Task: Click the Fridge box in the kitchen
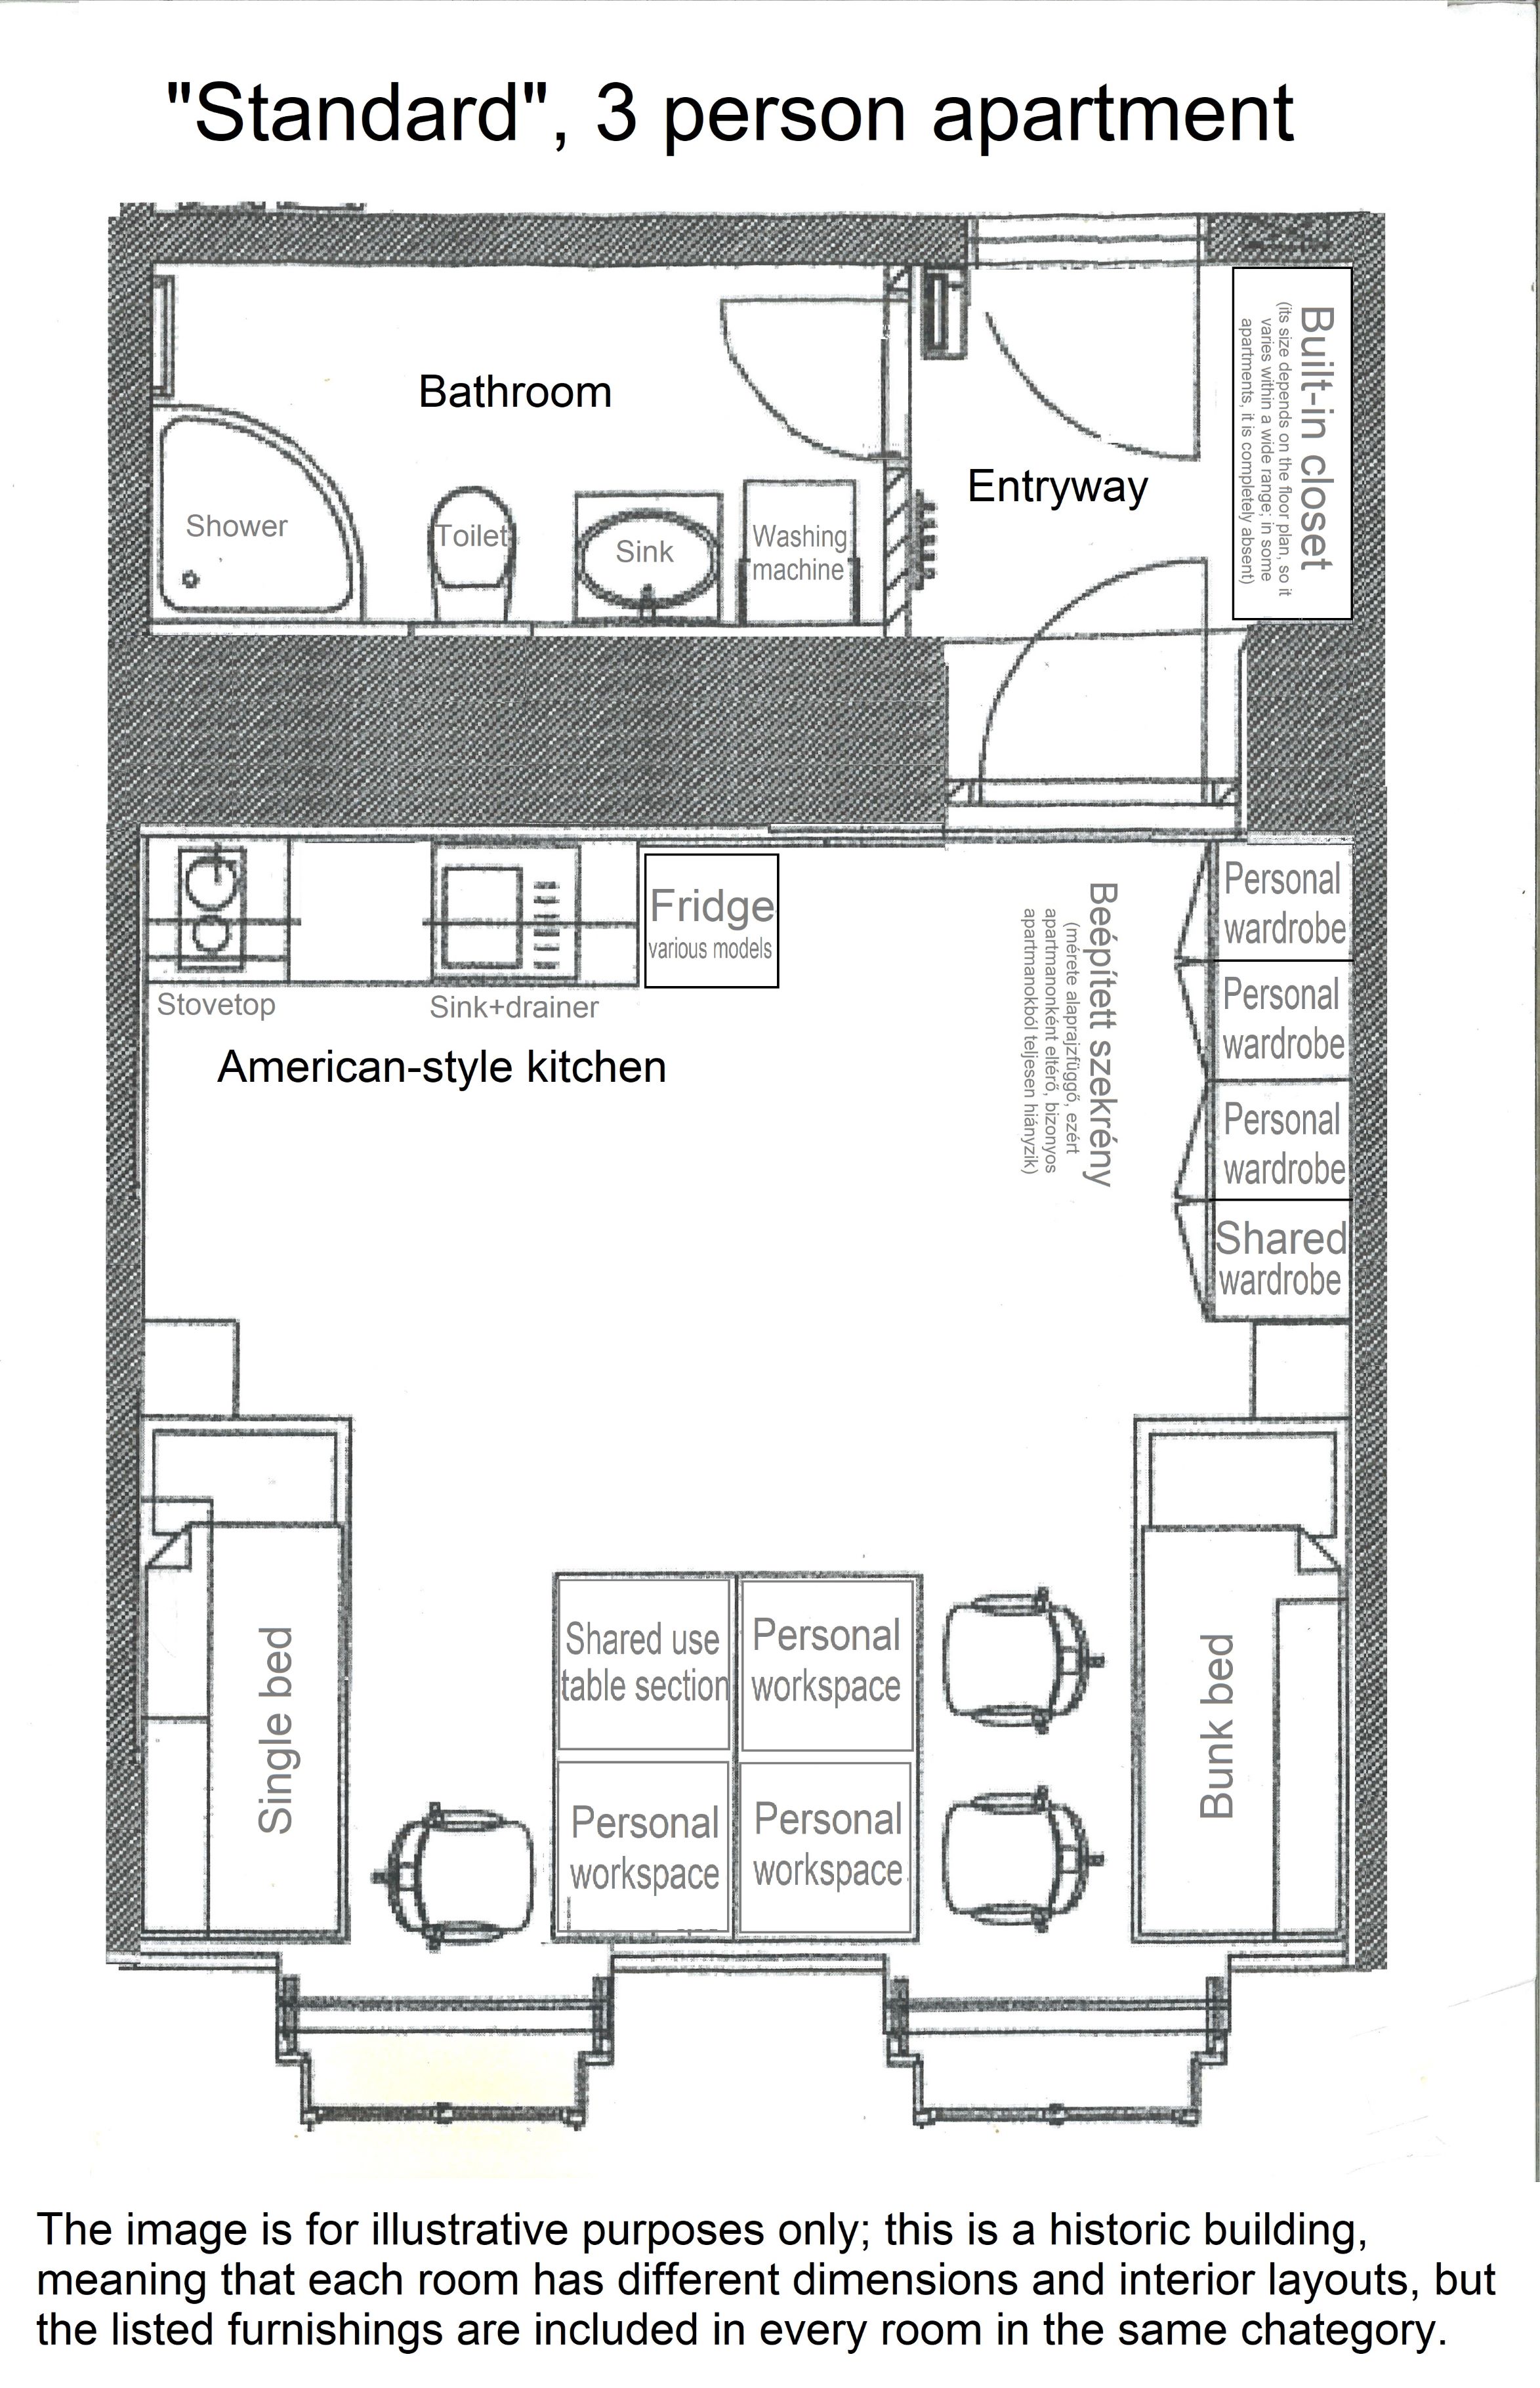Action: (711, 920)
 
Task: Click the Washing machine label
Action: (799, 553)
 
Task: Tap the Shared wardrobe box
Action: (1281, 1258)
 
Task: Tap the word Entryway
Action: (1057, 487)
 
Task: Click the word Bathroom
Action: (515, 391)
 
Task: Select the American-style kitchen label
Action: (441, 1067)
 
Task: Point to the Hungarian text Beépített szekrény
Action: (1100, 1033)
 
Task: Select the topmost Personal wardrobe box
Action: (1283, 903)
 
